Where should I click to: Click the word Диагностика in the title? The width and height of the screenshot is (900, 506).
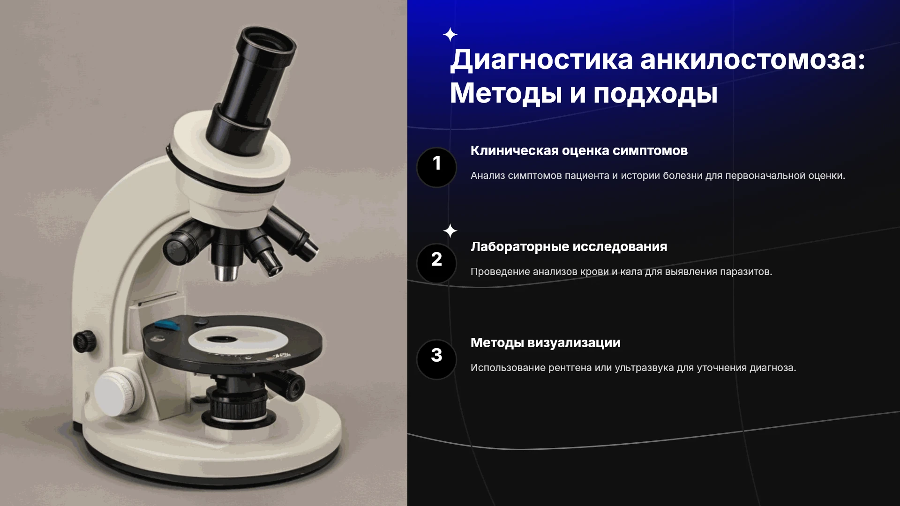click(541, 60)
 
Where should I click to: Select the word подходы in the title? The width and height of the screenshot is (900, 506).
click(655, 94)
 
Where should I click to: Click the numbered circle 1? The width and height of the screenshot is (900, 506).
click(436, 167)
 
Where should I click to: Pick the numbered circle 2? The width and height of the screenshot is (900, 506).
click(436, 263)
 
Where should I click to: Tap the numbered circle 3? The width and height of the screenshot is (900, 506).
click(436, 359)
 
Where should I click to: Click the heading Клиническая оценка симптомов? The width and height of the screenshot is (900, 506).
click(579, 151)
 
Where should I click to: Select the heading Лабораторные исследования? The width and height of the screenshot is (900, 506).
click(569, 247)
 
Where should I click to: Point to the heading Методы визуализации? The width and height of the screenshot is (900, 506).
click(546, 343)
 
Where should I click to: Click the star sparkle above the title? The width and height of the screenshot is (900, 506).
click(450, 35)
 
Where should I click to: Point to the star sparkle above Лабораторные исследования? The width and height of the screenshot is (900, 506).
click(450, 231)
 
